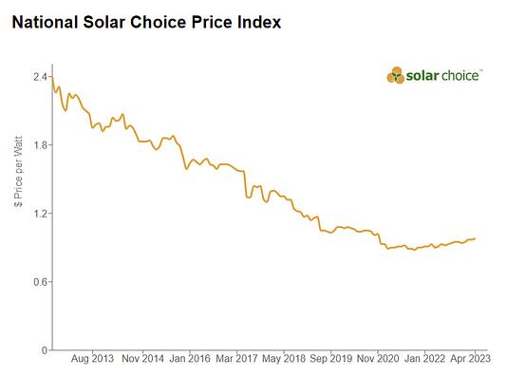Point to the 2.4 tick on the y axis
pyautogui.click(x=40, y=77)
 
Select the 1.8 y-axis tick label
pyautogui.click(x=40, y=145)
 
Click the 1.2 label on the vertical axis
pyautogui.click(x=40, y=214)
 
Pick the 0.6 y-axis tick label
pyautogui.click(x=40, y=282)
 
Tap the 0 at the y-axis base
pyautogui.click(x=44, y=350)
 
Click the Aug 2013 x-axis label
pyautogui.click(x=93, y=360)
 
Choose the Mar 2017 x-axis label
pyautogui.click(x=236, y=360)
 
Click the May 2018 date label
pyautogui.click(x=285, y=360)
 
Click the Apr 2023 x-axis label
pyautogui.click(x=470, y=360)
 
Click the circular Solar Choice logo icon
pyautogui.click(x=397, y=75)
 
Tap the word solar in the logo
pyautogui.click(x=425, y=75)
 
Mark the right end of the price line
pyautogui.click(x=476, y=238)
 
